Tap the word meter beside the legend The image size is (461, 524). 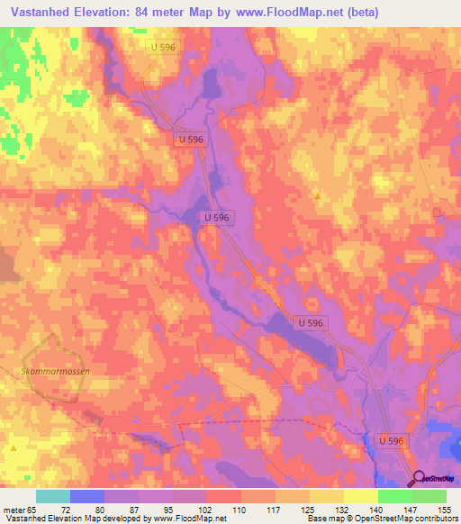[14, 509]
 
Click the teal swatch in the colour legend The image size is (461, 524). [53, 496]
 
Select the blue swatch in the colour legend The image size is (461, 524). [87, 496]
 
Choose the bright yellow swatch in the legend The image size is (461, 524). [360, 496]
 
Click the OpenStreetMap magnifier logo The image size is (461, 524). [419, 478]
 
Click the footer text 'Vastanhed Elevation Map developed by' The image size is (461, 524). [77, 519]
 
